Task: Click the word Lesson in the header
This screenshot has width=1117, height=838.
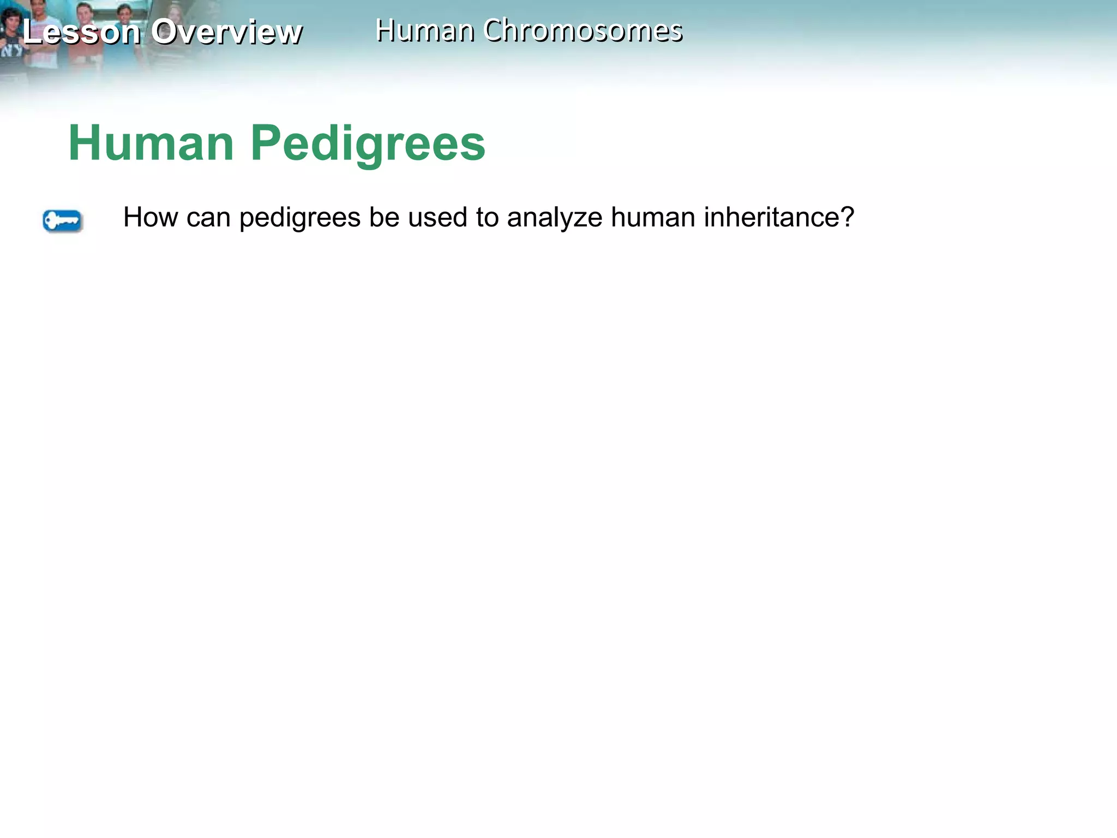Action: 82,32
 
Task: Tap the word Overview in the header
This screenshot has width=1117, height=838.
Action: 226,32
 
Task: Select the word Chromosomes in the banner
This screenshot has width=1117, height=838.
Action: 582,31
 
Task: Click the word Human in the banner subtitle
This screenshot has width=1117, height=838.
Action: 425,31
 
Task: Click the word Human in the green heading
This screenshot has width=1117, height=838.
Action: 151,143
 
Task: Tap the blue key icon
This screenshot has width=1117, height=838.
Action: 62,221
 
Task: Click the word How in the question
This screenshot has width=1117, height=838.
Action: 151,217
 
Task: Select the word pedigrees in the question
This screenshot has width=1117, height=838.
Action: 300,218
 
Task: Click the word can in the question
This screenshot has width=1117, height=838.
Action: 208,218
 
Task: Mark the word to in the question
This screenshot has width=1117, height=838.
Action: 487,217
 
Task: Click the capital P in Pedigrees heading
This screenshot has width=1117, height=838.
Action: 265,143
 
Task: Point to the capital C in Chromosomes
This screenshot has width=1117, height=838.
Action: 494,31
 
